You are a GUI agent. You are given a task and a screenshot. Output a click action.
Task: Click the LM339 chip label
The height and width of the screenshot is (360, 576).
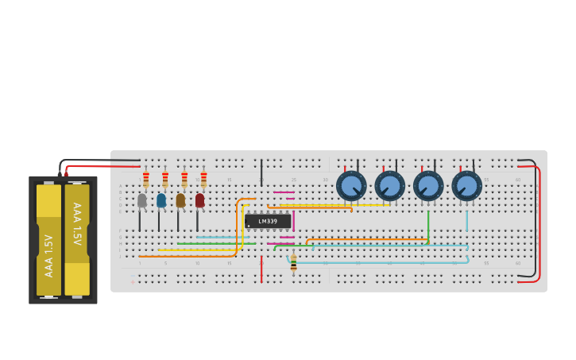[x=268, y=221]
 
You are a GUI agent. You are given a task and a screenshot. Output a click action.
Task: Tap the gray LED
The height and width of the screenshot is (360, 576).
[x=141, y=200]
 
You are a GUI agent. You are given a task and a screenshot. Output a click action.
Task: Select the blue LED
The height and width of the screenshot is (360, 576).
[x=161, y=200]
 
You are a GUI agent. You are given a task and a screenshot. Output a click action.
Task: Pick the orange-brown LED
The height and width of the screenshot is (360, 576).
[x=180, y=200]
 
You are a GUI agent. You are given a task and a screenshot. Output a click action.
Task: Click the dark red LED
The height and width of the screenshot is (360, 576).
[x=199, y=200]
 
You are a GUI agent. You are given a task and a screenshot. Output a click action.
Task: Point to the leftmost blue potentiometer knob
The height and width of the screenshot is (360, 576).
[x=351, y=186]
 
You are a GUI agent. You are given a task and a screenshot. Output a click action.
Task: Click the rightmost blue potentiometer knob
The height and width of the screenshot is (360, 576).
[x=467, y=186]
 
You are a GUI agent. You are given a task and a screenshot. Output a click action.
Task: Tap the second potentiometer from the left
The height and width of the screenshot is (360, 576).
[x=390, y=186]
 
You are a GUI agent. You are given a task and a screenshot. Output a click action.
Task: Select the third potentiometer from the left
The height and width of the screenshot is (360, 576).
[x=428, y=186]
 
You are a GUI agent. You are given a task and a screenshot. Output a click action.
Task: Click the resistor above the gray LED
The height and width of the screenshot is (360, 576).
[x=146, y=179]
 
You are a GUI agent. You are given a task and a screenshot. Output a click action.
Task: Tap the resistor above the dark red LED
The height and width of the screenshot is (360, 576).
[x=203, y=179]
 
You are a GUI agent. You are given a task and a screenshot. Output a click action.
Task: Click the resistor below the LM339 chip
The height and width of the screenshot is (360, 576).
[x=293, y=263]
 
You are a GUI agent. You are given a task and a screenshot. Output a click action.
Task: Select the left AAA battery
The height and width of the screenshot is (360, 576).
[x=48, y=240]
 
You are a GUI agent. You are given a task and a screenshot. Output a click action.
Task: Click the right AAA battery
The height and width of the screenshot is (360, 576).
[x=77, y=240]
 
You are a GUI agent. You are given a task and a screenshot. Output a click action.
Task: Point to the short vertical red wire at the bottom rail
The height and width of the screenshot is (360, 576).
[x=261, y=269]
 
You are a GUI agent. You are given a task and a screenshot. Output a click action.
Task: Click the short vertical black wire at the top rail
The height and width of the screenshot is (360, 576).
[x=261, y=172]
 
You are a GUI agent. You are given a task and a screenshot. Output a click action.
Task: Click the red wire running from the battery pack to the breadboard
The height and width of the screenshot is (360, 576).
[x=103, y=166]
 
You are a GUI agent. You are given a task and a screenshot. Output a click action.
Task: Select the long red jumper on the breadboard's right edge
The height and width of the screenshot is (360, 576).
[x=539, y=223]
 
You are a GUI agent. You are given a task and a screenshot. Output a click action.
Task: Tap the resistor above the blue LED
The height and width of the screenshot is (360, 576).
[x=165, y=179]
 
